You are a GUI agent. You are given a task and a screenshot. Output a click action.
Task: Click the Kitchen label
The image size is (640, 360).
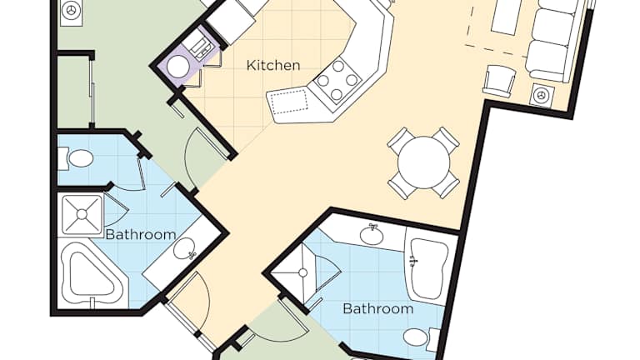(273, 65)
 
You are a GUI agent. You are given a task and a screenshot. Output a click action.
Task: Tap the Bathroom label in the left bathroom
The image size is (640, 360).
(141, 235)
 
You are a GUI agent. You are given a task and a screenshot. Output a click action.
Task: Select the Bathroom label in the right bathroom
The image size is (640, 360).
(378, 308)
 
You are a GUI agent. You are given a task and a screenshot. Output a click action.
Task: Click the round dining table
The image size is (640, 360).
(423, 162)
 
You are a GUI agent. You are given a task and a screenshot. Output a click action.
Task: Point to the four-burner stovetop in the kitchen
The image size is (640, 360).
(337, 80)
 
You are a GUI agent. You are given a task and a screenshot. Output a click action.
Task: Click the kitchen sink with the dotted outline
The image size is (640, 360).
(289, 102)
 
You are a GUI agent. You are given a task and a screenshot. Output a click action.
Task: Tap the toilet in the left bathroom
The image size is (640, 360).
(76, 158)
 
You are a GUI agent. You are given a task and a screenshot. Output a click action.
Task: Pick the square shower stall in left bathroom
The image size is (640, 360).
(82, 214)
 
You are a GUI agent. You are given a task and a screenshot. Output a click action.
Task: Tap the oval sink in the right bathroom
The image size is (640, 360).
(372, 234)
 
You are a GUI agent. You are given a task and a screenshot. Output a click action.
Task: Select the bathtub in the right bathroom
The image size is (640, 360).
(427, 269)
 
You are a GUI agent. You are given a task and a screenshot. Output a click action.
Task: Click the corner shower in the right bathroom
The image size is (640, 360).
(306, 273)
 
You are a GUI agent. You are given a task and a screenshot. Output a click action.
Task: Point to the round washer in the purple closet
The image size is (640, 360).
(178, 67)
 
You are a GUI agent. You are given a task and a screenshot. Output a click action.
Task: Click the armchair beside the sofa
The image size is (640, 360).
(500, 80)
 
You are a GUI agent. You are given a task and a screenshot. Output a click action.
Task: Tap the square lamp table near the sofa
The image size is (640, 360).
(542, 96)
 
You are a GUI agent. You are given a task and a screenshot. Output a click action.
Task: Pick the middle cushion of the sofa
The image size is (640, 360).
(553, 27)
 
